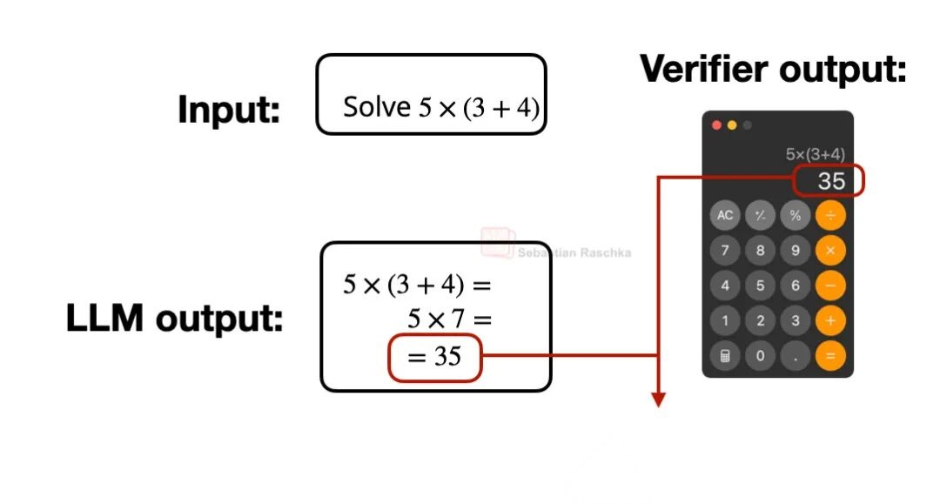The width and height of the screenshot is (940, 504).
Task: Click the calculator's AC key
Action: (x=725, y=215)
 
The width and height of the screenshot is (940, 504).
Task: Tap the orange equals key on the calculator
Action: (x=829, y=355)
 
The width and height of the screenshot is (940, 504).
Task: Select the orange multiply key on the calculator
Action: (x=829, y=250)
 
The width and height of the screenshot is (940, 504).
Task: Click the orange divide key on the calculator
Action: (x=829, y=215)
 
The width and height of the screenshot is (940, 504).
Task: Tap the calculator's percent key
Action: (x=795, y=215)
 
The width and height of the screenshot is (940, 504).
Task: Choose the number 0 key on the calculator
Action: (x=760, y=355)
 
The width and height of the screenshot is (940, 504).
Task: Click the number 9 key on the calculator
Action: (x=795, y=250)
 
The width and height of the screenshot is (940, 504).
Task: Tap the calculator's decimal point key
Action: (x=795, y=355)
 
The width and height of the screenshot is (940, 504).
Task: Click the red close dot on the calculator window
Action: (x=717, y=125)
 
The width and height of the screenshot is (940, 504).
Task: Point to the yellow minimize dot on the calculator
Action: (x=732, y=125)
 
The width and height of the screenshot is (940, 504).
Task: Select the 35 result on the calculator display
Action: (x=831, y=181)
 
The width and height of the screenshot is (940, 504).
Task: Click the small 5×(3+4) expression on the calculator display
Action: (x=815, y=154)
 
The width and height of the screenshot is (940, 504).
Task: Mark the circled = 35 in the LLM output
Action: (x=434, y=357)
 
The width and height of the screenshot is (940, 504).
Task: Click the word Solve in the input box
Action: (x=376, y=107)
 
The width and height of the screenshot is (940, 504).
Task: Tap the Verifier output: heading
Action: (x=773, y=69)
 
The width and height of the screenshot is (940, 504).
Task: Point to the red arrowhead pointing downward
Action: (x=658, y=400)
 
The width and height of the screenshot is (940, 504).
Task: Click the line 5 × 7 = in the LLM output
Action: (x=449, y=319)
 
